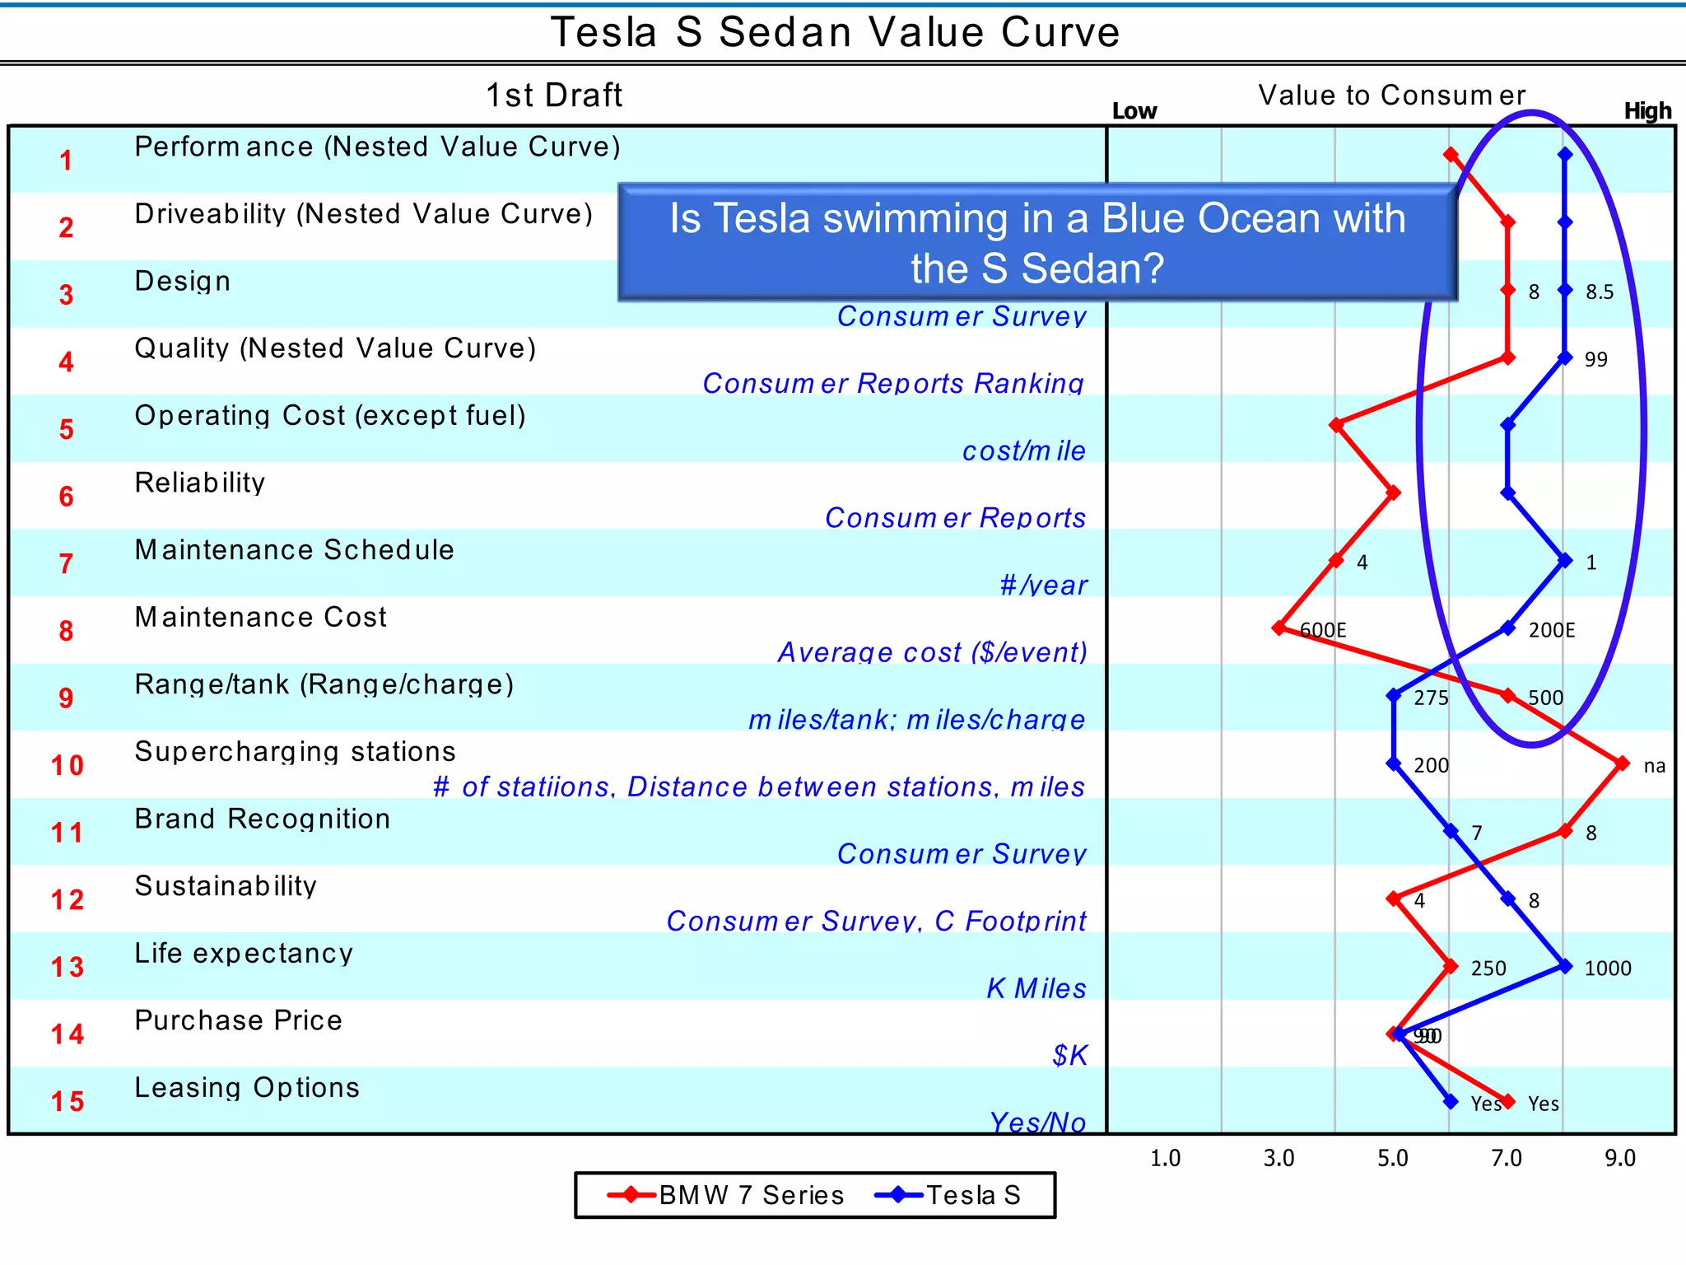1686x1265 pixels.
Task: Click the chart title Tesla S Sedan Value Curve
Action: coord(835,33)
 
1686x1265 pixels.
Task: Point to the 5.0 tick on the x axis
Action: coord(1392,1159)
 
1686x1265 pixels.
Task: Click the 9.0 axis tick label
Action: coord(1619,1159)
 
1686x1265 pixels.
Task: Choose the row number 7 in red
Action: coord(66,564)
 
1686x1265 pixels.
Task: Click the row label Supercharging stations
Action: coord(295,752)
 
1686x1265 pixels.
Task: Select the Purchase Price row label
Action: coord(238,1020)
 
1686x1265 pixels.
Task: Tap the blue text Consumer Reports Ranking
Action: coord(893,384)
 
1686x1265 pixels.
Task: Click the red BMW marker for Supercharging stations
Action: coord(1622,764)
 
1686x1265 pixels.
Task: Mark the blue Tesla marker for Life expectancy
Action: coord(1565,967)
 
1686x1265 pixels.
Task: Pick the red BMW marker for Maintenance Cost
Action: coord(1278,628)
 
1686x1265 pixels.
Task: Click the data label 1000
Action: coord(1607,969)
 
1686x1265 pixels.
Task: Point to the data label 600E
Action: coord(1323,631)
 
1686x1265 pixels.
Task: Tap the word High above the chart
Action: coord(1647,111)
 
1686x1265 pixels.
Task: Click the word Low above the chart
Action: coord(1134,111)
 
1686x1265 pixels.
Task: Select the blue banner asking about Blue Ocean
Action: coord(1037,243)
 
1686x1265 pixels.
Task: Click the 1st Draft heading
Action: coord(554,96)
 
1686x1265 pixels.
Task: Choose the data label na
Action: coord(1654,766)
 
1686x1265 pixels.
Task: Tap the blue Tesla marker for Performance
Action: coord(1565,154)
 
